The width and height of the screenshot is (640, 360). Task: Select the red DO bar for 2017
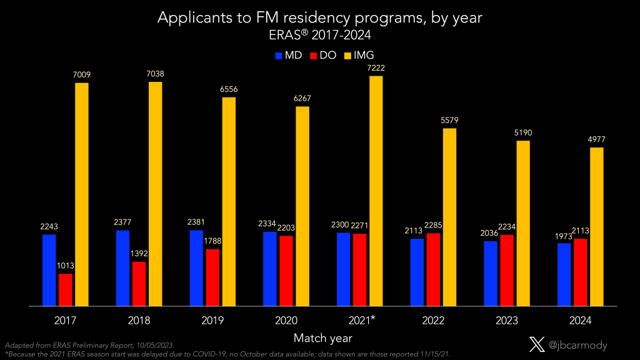[x=66, y=290]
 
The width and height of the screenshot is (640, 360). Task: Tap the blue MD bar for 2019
[x=196, y=268]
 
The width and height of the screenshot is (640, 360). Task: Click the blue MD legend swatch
[x=279, y=56]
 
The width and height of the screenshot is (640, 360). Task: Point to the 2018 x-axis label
[x=139, y=321]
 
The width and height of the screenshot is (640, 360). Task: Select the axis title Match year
[x=323, y=338]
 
